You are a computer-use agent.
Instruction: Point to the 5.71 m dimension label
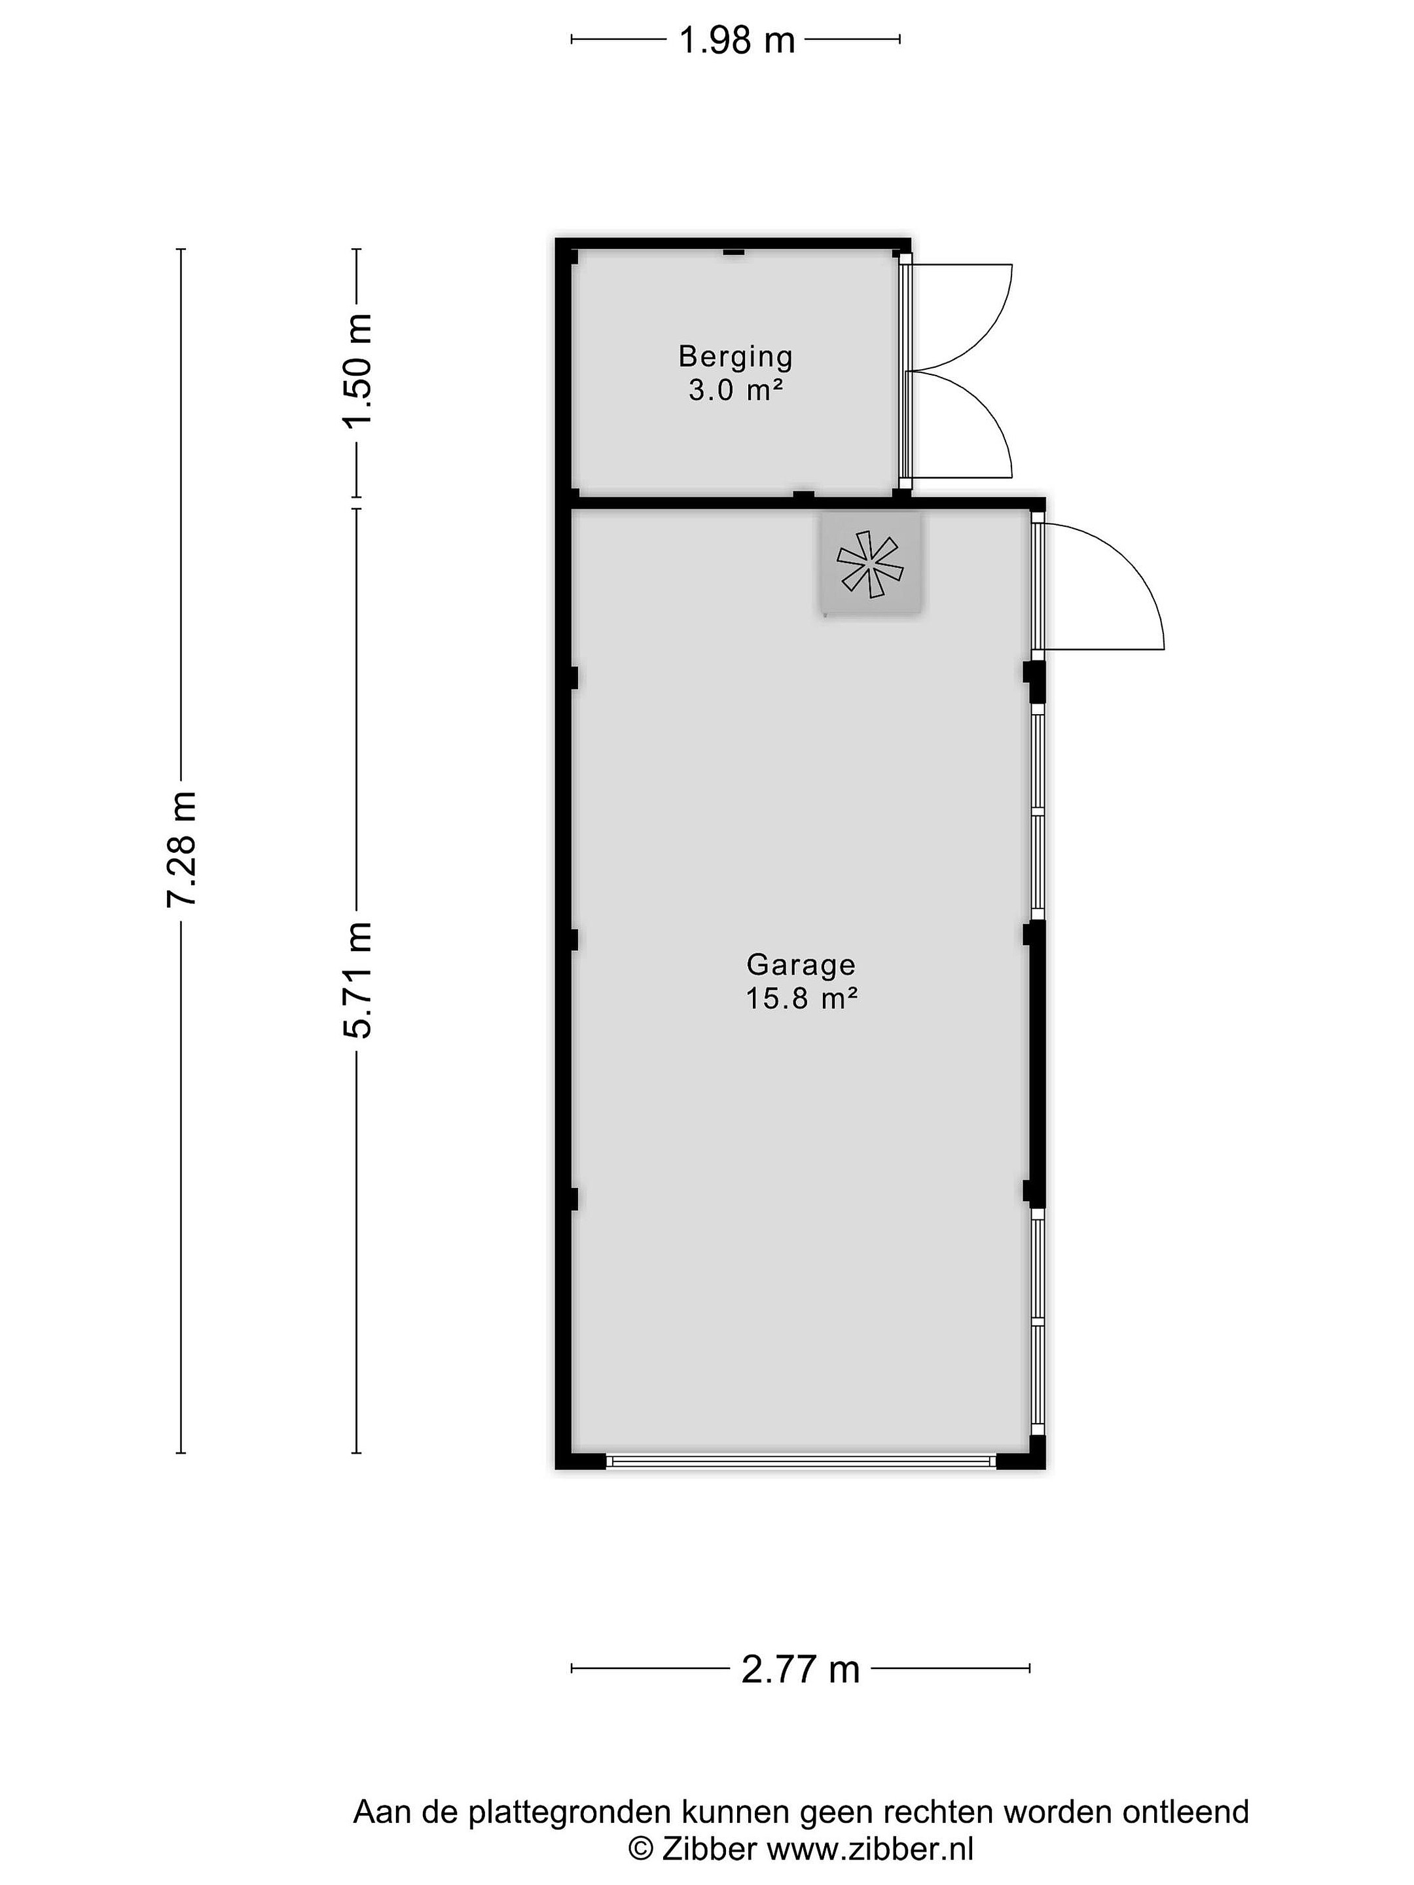(358, 979)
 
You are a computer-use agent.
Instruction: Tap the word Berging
(736, 356)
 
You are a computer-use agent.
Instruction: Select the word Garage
(801, 964)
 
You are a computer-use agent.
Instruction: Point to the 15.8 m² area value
(801, 997)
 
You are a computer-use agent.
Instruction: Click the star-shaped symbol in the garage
(869, 564)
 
